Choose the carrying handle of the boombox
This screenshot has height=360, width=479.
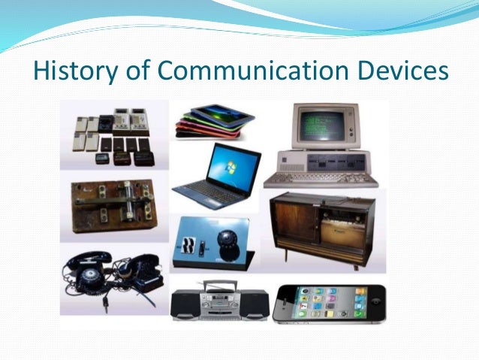[217, 286]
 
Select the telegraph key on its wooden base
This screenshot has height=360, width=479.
[111, 207]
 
